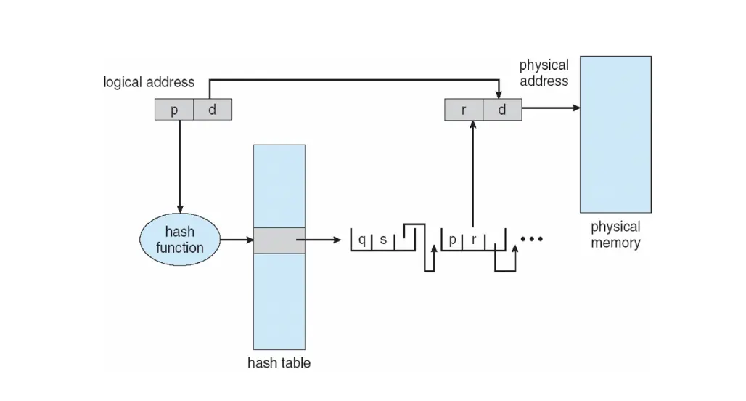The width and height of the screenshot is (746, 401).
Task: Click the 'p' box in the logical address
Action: [173, 110]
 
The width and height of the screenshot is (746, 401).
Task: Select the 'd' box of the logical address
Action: [213, 110]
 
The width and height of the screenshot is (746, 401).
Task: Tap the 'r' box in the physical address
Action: [463, 110]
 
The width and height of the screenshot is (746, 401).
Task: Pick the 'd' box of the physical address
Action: [501, 110]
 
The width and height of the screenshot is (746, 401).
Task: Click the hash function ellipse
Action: [179, 240]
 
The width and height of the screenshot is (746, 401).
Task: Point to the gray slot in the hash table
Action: [279, 240]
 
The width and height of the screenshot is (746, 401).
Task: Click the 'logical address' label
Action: [149, 82]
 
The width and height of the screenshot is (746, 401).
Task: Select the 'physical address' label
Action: [544, 73]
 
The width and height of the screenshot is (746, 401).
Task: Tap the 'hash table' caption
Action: [279, 362]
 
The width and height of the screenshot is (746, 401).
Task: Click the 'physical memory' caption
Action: [615, 234]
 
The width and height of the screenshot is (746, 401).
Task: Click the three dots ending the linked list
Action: [532, 239]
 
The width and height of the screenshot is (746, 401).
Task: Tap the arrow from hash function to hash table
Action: [235, 240]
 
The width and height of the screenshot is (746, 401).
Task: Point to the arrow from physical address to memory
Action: [550, 109]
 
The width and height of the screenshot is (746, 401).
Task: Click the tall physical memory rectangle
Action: [615, 134]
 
